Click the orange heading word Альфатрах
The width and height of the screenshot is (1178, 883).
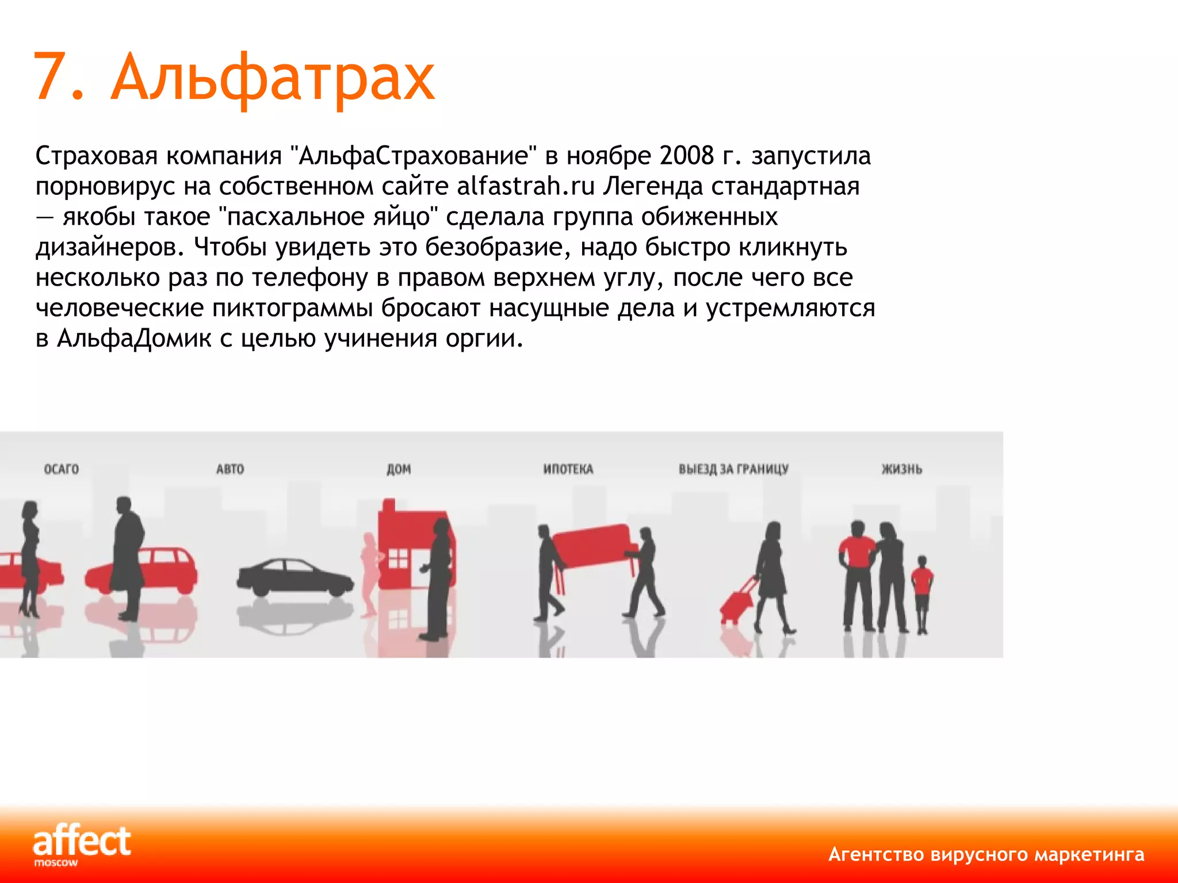click(273, 78)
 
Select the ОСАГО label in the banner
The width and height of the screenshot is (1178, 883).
click(62, 469)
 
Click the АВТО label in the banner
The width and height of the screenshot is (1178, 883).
click(230, 469)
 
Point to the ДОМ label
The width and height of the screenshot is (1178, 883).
click(399, 469)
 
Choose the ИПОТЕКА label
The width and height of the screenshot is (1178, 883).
click(568, 469)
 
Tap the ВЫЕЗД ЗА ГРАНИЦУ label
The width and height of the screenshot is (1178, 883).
click(733, 469)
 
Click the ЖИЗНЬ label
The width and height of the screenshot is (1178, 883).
click(902, 469)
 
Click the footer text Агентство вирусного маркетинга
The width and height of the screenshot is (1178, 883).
click(986, 854)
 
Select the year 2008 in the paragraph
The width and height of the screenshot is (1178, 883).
click(687, 156)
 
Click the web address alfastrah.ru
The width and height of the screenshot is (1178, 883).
click(526, 186)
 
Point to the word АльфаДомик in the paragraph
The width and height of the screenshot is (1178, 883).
click(134, 338)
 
